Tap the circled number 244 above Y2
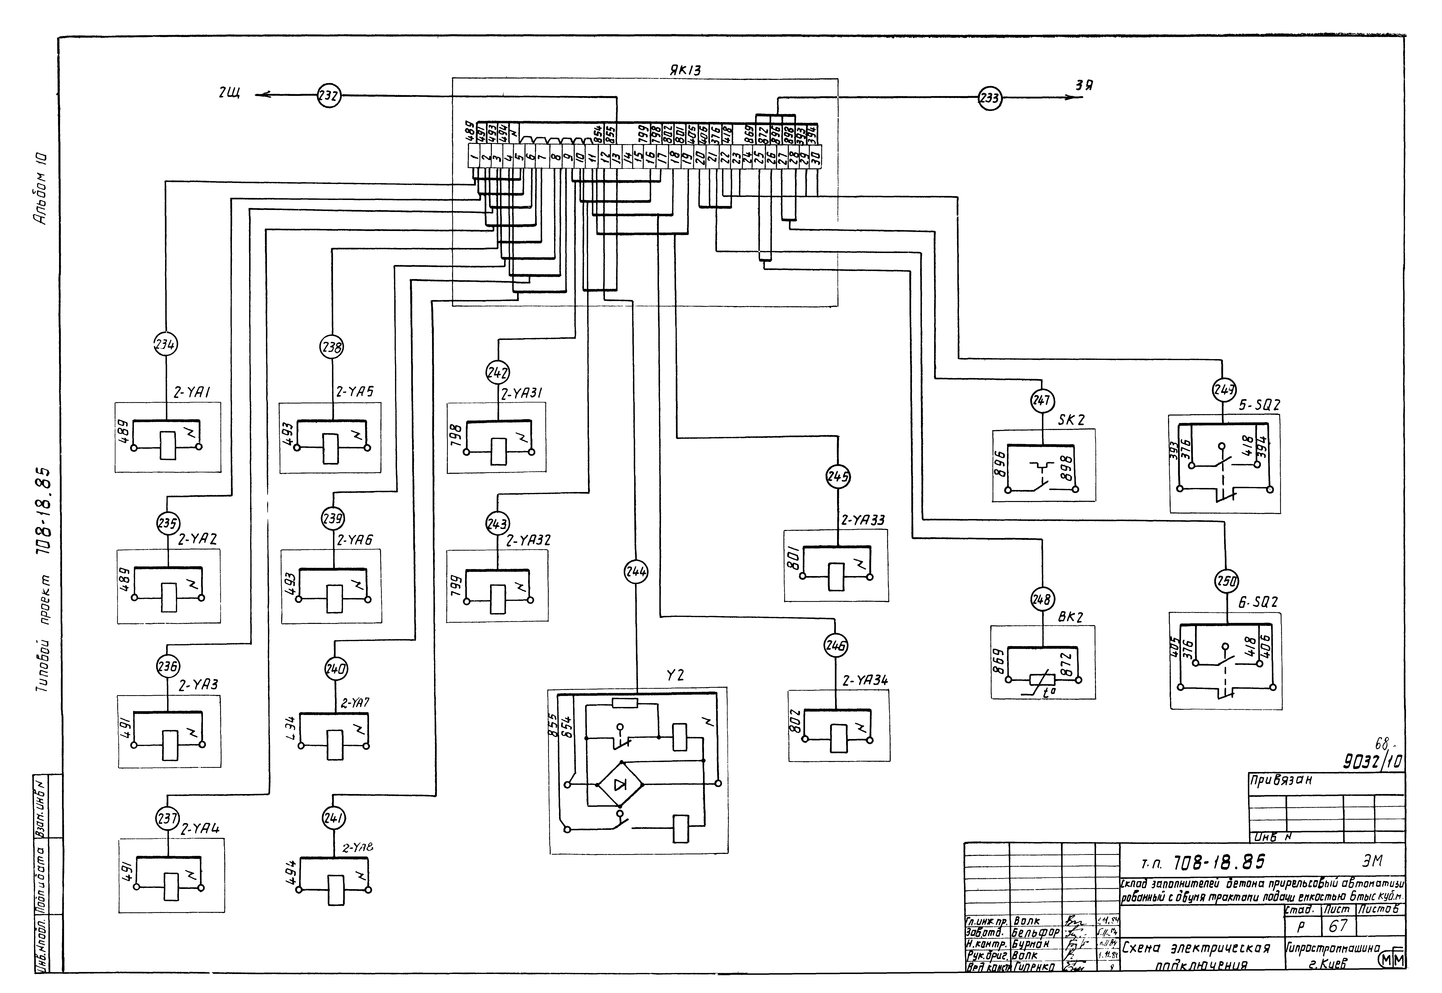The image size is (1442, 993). coord(636,572)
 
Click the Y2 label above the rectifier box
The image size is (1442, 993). coord(675,675)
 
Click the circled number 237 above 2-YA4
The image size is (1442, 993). coord(167,818)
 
